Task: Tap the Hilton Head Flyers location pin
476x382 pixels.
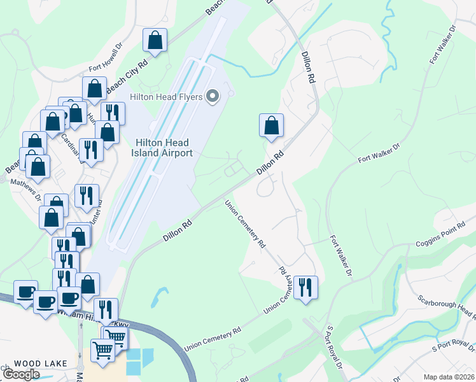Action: [213, 97]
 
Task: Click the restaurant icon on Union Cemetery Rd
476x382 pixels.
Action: [306, 287]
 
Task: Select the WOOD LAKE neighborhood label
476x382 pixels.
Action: [32, 364]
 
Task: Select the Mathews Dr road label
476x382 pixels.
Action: [26, 189]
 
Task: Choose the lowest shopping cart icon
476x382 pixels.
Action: [102, 349]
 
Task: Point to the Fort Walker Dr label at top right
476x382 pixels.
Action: [443, 45]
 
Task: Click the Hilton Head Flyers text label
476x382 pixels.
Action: [166, 97]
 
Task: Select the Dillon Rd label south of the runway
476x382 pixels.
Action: [178, 230]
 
